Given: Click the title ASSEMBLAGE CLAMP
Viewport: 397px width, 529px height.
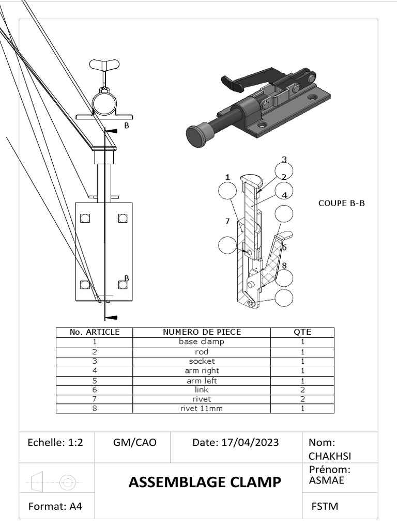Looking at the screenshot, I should (205, 483).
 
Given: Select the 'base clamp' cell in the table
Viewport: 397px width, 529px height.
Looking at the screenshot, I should (202, 342).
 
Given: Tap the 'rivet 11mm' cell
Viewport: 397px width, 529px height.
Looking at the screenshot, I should (202, 408).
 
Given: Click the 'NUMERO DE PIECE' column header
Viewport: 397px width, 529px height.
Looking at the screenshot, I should (202, 332).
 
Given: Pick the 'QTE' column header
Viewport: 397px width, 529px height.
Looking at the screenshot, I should (302, 332).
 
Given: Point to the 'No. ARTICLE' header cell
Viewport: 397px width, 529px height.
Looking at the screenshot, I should (95, 332).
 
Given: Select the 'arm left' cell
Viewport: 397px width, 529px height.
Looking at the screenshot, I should (202, 380).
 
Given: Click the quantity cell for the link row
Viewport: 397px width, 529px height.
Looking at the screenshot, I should (302, 390).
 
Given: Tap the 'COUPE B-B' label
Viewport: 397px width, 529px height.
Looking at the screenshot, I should (341, 204).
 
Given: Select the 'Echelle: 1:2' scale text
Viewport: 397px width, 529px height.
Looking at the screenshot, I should (55, 443).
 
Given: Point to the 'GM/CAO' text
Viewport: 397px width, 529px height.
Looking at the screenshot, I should (134, 443).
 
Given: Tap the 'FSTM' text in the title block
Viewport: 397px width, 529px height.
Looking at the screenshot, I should (325, 506).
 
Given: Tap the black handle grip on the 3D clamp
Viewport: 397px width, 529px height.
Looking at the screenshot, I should (232, 81).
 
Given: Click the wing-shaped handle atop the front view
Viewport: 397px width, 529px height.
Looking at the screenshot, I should (105, 65).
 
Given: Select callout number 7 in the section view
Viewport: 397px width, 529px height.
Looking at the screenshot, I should (227, 222).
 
